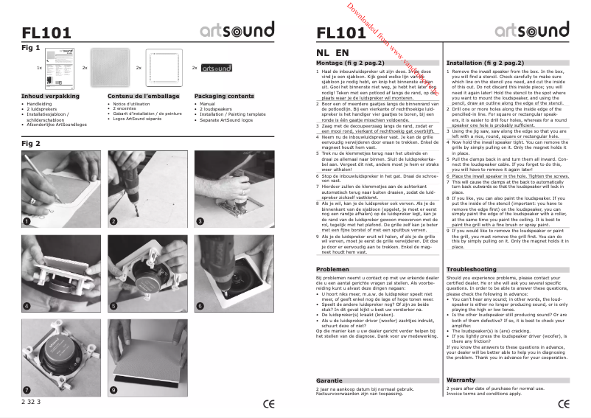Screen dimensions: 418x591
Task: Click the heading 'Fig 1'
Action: (x=31, y=46)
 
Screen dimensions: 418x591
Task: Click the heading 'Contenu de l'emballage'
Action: (x=144, y=97)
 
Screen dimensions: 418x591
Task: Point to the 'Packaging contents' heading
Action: (x=224, y=97)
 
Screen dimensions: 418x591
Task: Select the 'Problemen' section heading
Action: (x=332, y=270)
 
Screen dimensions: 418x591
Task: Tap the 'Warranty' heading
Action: (x=461, y=380)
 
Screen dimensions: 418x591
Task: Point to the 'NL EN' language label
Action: (x=332, y=53)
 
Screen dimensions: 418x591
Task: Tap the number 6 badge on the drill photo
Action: (x=200, y=305)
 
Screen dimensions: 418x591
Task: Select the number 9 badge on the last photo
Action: (x=113, y=389)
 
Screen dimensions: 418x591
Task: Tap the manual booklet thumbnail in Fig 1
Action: (x=60, y=67)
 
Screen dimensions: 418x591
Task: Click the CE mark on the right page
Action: (x=563, y=403)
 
